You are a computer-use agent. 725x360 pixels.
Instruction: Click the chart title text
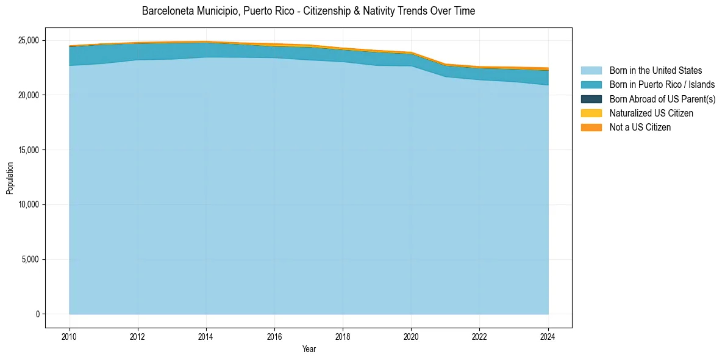[308, 11]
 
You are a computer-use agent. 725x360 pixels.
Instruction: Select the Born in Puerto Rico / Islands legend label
[662, 85]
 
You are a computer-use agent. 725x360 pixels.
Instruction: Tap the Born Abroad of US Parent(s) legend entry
[662, 99]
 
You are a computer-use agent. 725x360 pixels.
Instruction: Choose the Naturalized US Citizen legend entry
[651, 113]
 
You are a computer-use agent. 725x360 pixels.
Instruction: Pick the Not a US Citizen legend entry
[640, 127]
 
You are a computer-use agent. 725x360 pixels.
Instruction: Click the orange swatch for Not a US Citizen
[591, 127]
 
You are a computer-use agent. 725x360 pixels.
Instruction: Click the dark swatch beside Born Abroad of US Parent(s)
[591, 99]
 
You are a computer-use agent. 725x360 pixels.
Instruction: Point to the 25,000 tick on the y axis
[28, 40]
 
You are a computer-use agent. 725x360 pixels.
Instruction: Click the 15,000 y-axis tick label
[28, 150]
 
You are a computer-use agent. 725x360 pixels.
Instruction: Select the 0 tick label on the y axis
[37, 314]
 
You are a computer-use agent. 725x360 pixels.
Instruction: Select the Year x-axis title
[309, 349]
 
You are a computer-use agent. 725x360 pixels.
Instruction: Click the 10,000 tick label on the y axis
[28, 204]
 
